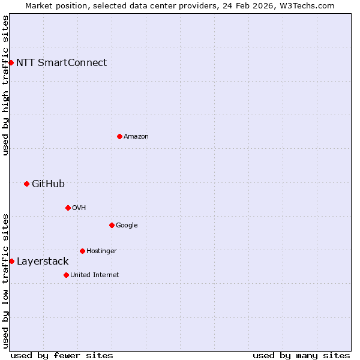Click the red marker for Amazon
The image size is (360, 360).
[119, 136]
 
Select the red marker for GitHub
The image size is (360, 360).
[26, 184]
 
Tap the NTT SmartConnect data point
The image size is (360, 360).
[11, 62]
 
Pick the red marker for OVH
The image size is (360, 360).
[68, 208]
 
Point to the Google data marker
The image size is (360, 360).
[112, 225]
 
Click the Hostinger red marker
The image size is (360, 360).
[82, 251]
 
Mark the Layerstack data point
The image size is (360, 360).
[11, 261]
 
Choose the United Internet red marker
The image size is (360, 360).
[66, 275]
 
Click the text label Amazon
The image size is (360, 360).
[136, 136]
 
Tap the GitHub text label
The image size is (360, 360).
[48, 184]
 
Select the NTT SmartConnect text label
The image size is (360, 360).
[61, 62]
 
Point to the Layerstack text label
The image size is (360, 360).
[43, 261]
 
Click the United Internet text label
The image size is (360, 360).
[94, 275]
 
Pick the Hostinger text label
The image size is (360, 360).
[101, 251]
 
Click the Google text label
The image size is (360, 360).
[127, 225]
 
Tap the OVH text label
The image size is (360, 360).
[79, 208]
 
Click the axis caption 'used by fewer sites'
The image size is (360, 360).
[62, 355]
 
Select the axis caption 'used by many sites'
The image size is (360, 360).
[301, 355]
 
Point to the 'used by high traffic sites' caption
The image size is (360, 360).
[5, 85]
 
